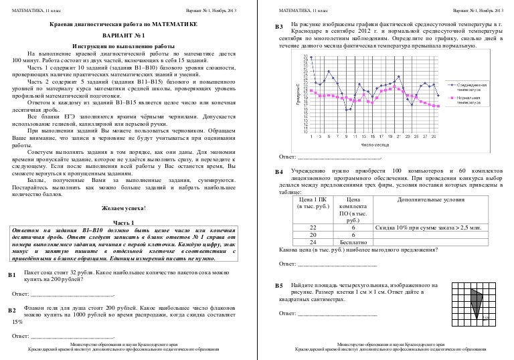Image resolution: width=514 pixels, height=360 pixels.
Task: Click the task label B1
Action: click(x=11, y=275)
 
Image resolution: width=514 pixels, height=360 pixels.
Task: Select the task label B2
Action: click(x=11, y=312)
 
